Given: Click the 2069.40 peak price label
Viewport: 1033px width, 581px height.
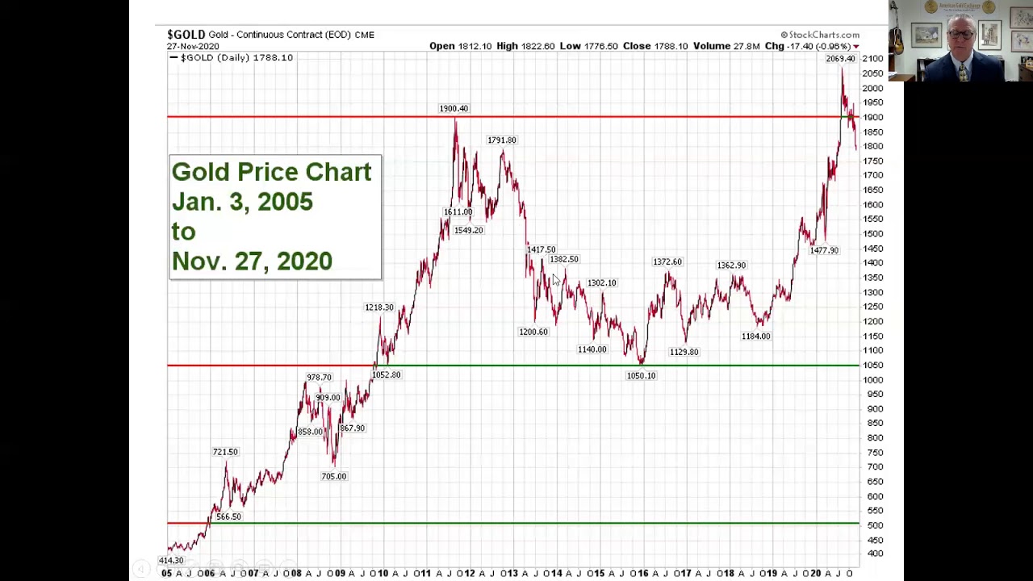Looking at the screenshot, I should point(840,59).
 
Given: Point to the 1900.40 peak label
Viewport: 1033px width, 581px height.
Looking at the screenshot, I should point(453,108).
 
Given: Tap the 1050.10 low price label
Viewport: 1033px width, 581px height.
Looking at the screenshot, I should point(641,375).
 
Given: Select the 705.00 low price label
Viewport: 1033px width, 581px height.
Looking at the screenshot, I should point(333,476).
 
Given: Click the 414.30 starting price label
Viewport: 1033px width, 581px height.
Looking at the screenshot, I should point(171,560).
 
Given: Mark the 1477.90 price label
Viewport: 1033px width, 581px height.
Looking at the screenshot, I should point(824,250).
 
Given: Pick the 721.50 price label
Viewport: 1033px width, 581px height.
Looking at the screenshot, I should point(225,452).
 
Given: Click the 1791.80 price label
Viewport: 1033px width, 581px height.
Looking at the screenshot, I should point(501,140).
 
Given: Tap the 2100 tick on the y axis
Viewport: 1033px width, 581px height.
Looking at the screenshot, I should point(872,59).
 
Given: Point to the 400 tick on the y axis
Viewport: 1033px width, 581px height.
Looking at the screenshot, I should point(875,554).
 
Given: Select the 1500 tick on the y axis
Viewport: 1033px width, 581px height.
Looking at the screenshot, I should point(872,234).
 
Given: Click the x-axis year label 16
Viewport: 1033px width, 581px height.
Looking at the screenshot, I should point(642,574).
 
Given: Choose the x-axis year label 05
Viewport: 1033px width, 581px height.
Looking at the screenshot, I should point(166,574).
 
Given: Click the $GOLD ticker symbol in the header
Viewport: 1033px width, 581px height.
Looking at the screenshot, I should point(186,34).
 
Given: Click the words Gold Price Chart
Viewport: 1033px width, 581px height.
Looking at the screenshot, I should point(271,172).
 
